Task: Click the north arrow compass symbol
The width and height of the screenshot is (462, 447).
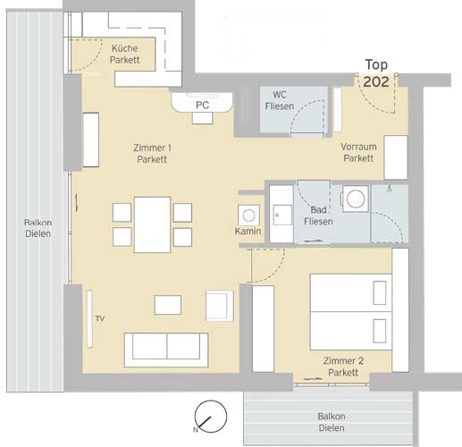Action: [x=210, y=417]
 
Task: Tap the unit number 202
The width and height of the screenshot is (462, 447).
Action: [x=376, y=81]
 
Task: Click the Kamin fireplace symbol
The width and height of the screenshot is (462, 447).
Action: [x=248, y=215]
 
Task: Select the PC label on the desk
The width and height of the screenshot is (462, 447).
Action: [x=203, y=105]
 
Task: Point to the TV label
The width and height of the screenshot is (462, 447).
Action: [x=100, y=318]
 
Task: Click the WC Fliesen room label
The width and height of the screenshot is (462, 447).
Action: [x=280, y=100]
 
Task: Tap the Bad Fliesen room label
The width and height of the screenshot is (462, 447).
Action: [x=318, y=215]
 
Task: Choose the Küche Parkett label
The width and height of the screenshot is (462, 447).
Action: [x=125, y=54]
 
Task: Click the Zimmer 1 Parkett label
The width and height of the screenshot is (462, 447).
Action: [x=152, y=154]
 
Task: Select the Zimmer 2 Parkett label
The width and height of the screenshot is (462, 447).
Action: [x=343, y=367]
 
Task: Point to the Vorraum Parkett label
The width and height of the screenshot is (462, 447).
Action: [x=358, y=152]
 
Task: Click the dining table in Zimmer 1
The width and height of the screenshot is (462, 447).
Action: [x=152, y=224]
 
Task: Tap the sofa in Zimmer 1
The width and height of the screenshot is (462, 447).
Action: [x=166, y=350]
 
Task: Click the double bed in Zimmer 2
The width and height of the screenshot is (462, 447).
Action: [x=351, y=312]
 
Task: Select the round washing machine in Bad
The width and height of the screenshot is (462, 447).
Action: [x=356, y=198]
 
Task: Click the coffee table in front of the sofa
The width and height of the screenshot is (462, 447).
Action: [x=168, y=305]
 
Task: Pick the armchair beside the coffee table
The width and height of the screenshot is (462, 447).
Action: [x=220, y=306]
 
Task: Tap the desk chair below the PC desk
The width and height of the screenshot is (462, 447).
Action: [x=203, y=118]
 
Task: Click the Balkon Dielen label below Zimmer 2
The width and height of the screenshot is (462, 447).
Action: [x=332, y=422]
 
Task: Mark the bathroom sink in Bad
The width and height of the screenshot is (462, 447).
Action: [x=282, y=215]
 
